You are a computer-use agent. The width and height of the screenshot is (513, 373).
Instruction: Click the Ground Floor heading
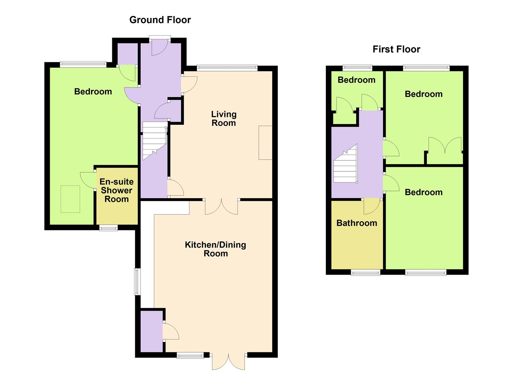click(160, 20)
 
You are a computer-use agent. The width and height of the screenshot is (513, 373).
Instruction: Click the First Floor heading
click(396, 49)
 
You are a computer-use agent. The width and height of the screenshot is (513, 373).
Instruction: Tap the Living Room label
click(224, 118)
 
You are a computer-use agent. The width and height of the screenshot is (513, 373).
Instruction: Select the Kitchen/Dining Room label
click(216, 249)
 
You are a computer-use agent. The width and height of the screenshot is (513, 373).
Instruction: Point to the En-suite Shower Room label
click(117, 190)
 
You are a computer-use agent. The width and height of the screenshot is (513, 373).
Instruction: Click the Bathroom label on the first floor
click(357, 223)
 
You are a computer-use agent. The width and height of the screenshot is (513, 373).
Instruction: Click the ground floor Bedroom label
click(93, 92)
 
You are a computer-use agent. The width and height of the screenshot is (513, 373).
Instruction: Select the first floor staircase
click(345, 164)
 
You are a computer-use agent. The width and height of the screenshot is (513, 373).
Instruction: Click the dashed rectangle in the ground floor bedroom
click(70, 199)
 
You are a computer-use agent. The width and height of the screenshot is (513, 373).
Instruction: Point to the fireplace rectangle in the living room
click(265, 143)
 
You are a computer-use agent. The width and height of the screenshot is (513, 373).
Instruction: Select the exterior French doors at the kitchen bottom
click(228, 361)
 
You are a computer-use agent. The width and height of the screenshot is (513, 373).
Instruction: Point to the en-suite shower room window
click(108, 228)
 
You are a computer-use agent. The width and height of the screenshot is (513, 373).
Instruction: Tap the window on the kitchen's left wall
click(137, 281)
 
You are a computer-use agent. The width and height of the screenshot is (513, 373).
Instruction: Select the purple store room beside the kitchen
click(151, 331)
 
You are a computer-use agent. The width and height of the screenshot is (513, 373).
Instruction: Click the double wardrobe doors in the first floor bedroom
click(445, 146)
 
